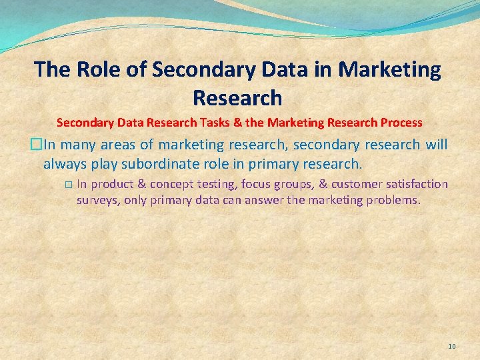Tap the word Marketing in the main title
389,69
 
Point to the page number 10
452,346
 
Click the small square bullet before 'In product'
69,185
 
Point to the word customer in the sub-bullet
353,184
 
